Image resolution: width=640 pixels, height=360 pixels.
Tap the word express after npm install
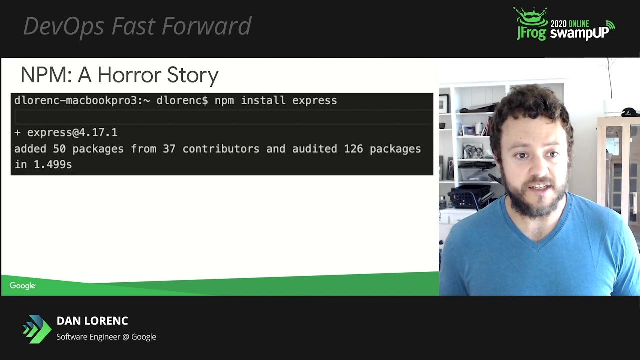[314, 101]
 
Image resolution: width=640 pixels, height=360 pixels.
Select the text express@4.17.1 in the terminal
[72, 133]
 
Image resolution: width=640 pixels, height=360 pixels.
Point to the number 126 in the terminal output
[353, 149]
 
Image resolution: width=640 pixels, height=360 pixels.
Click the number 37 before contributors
[169, 149]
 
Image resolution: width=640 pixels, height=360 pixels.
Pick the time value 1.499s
[52, 164]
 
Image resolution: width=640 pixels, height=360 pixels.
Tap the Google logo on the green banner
[22, 286]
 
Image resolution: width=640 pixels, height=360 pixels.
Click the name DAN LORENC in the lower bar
[92, 321]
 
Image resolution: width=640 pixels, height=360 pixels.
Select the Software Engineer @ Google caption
[106, 337]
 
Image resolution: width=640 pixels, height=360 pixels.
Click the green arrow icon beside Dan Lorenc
[37, 329]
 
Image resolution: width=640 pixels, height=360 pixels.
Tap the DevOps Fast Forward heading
[137, 26]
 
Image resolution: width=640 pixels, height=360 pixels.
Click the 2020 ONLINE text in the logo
[570, 23]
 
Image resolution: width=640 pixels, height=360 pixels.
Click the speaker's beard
[537, 202]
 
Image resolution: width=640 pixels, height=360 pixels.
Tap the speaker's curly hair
[530, 107]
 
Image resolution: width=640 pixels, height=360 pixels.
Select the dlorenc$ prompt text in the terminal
[182, 101]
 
